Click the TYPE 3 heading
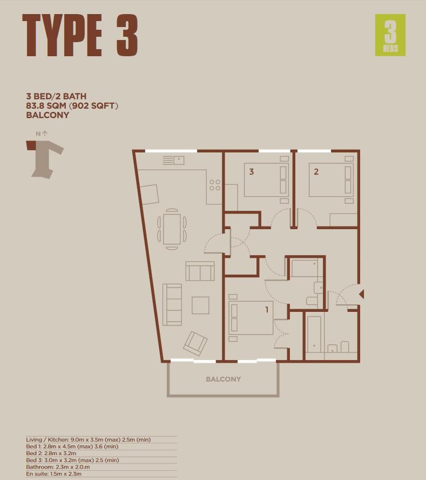pos(80,35)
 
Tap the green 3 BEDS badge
pos(390,35)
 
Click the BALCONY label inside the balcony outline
pos(223,379)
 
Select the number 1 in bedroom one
pos(267,310)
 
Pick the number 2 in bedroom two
pos(316,172)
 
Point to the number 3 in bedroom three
pos(252,172)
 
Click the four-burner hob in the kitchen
pos(215,185)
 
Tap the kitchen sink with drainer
pos(173,160)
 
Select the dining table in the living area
pos(172,229)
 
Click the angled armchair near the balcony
pos(195,343)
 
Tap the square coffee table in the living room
pos(201,305)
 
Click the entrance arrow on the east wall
pos(361,295)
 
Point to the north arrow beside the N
pos(45,134)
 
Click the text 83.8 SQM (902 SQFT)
pos(72,106)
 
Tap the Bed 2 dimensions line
pos(51,453)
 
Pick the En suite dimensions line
pos(54,474)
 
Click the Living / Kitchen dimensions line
pos(89,439)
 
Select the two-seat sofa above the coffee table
pos(200,271)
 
